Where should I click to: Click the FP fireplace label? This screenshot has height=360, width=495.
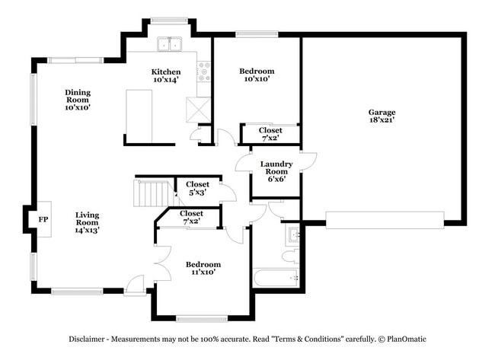click(43, 219)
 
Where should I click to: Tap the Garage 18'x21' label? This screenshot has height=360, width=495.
click(382, 116)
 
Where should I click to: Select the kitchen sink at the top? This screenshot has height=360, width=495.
click(170, 45)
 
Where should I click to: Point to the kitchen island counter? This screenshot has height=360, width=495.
click(139, 115)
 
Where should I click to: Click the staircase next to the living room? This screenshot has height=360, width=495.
click(149, 193)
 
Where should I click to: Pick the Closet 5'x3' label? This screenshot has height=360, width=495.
click(198, 189)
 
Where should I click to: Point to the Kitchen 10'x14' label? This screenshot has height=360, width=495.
click(165, 75)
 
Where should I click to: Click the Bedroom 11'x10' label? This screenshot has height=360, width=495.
click(203, 268)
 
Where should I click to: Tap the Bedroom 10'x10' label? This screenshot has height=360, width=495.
click(259, 75)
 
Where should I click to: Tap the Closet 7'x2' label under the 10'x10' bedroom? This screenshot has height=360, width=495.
click(270, 135)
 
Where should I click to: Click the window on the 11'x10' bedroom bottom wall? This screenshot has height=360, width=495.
click(202, 318)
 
